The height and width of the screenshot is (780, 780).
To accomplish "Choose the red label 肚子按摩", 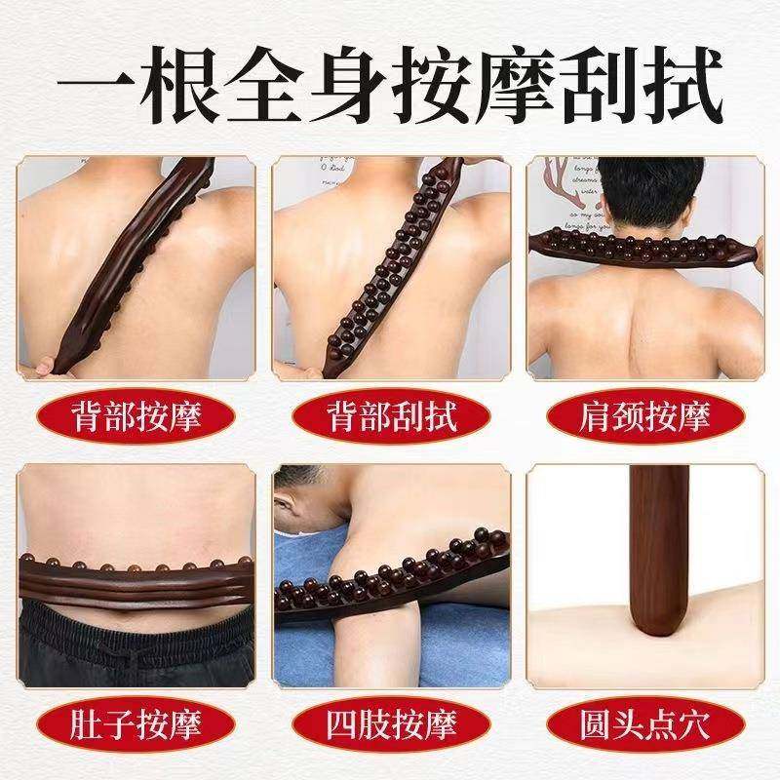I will point(136,723).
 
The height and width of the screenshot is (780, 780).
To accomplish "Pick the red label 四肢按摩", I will point(390,723).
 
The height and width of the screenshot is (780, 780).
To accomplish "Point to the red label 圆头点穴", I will point(643,723).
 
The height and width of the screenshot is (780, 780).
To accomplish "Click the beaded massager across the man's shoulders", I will point(643,245).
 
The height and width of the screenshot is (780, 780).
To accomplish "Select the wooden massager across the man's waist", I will point(136,575).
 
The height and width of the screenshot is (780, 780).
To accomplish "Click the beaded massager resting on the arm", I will point(409,575).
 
